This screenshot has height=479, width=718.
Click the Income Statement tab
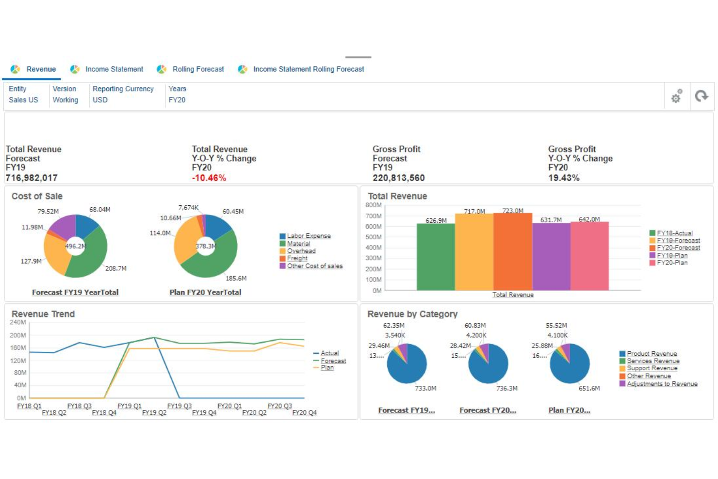[x=114, y=69]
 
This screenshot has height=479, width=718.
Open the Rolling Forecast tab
[x=198, y=69]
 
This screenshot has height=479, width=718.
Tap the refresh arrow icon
[x=702, y=96]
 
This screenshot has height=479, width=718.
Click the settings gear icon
[x=676, y=97]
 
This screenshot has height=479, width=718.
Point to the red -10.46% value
[x=209, y=178]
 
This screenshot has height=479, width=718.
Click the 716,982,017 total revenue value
[x=32, y=178]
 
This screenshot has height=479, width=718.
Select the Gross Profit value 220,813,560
[x=398, y=178]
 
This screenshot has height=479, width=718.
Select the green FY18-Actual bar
[x=436, y=257]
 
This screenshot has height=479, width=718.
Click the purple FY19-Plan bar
[x=551, y=257]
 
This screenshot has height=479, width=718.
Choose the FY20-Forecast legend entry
[x=678, y=248]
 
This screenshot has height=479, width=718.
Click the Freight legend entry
[x=297, y=259]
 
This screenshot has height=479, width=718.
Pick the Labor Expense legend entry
[x=309, y=236]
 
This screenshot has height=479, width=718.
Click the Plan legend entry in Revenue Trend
[x=327, y=368]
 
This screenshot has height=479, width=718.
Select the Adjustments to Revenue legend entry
[x=662, y=384]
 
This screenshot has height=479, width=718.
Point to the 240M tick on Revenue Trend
[x=18, y=322]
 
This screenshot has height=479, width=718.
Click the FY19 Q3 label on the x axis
[x=179, y=406]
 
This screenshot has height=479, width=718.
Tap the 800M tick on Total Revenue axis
[x=374, y=205]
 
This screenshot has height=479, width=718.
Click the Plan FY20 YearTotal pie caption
[x=205, y=293]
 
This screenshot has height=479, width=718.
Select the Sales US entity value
[x=23, y=100]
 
